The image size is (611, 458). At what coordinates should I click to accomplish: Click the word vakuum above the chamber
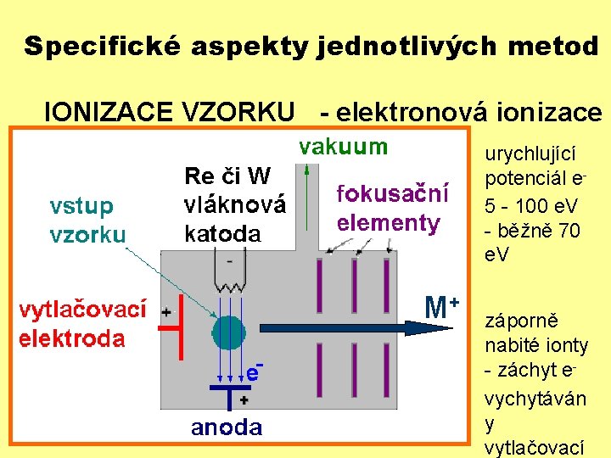point(343,146)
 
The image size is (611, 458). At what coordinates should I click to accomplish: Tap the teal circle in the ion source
point(227,332)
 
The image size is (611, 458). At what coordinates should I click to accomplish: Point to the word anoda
point(227,428)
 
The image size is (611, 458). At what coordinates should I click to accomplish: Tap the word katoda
point(222,233)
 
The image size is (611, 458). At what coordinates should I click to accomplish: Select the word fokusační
point(393,194)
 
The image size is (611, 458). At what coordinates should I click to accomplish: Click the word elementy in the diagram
point(389,224)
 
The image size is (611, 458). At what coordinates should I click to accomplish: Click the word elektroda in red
point(72,339)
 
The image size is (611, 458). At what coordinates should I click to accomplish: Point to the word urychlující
point(530,154)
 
